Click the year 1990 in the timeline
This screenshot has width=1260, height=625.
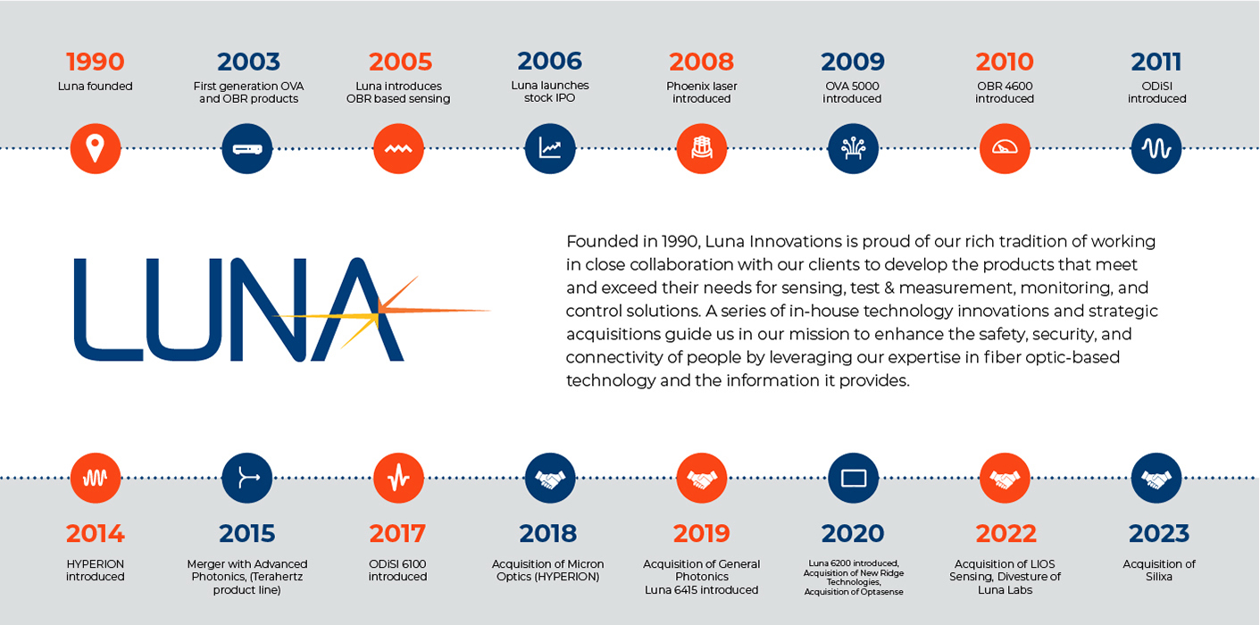click(x=96, y=62)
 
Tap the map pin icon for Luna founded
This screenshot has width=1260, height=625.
click(x=96, y=149)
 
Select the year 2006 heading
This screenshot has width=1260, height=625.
click(x=550, y=62)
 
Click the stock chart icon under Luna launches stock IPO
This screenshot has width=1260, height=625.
click(x=550, y=149)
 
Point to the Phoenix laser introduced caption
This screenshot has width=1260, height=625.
click(x=702, y=93)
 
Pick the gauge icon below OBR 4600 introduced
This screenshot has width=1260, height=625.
click(x=1005, y=149)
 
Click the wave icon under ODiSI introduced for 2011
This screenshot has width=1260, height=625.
click(x=1156, y=149)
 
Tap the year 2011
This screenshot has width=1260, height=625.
click(x=1156, y=62)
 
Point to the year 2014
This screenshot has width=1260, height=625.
click(x=96, y=534)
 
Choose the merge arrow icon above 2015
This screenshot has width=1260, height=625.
click(x=247, y=479)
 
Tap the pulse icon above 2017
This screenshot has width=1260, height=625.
click(x=398, y=479)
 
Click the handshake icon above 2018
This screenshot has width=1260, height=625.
click(x=550, y=479)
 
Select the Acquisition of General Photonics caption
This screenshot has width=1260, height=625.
click(x=702, y=570)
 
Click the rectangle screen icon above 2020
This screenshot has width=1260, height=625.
click(x=854, y=479)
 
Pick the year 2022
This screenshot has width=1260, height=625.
click(x=1005, y=534)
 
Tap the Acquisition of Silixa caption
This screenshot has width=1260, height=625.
click(x=1159, y=571)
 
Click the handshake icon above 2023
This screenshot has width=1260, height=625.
click(x=1156, y=479)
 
